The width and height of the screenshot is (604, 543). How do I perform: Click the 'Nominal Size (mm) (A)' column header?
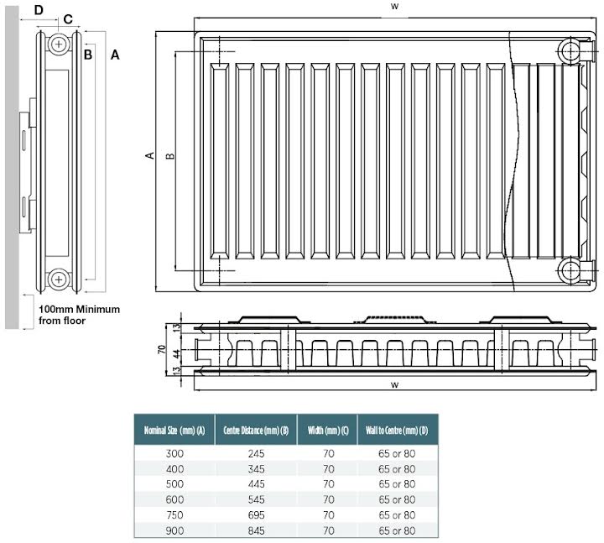(174, 431)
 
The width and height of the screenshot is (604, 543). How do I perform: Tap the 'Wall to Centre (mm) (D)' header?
(397, 431)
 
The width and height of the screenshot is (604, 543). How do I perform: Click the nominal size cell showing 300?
(174, 453)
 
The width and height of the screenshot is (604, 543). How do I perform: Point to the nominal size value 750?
(174, 514)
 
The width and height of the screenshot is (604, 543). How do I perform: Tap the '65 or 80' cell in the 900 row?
(397, 529)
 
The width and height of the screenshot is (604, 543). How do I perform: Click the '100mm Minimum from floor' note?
(79, 315)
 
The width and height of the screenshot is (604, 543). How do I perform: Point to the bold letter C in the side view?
(68, 19)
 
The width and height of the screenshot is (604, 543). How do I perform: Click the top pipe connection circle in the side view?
(59, 44)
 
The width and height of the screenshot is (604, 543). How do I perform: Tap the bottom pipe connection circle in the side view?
(59, 279)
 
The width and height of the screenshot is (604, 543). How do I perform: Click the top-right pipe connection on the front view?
(571, 50)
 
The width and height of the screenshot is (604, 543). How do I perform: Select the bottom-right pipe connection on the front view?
(571, 270)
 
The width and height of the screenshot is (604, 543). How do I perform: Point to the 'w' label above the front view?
(393, 7)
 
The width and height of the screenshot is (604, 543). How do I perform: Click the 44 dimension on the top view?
(178, 353)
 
